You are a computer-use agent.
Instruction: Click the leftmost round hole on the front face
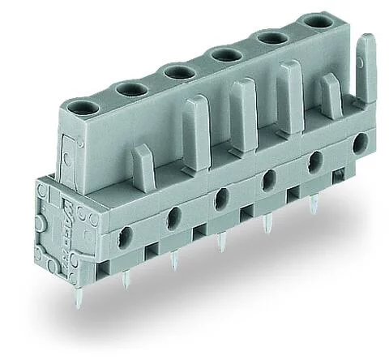(x=126, y=237)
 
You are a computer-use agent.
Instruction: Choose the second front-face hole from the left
(x=173, y=216)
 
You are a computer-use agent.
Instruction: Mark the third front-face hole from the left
(x=220, y=195)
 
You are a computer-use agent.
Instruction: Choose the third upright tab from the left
(x=241, y=101)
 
